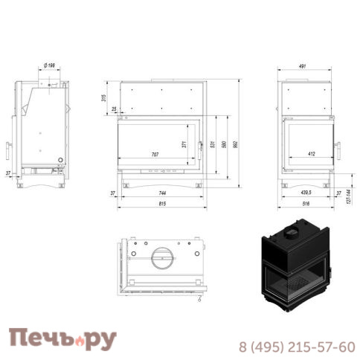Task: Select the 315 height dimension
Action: pyautogui.click(x=104, y=97)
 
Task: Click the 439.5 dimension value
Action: pyautogui.click(x=306, y=193)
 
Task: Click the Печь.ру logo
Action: pyautogui.click(x=63, y=340)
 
